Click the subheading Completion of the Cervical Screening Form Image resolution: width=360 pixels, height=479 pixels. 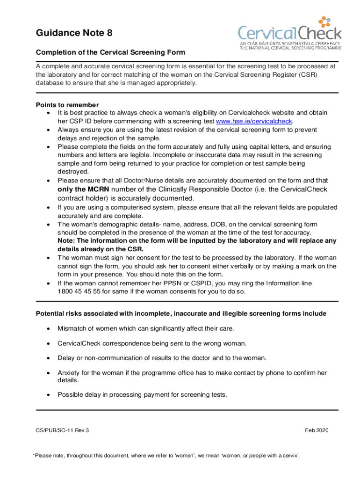tap(111, 52)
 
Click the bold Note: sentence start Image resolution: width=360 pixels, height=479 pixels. tap(67, 241)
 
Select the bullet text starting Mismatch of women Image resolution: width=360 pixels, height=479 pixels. tap(145, 328)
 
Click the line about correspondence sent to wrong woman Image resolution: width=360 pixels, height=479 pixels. tap(151, 343)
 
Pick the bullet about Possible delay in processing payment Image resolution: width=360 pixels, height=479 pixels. tap(142, 394)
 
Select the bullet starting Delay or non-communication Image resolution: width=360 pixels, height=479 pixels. tap(162, 358)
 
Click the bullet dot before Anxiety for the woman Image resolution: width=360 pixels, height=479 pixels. tap(49, 373)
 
